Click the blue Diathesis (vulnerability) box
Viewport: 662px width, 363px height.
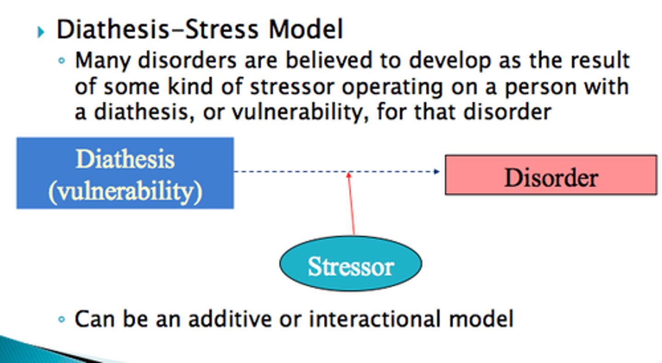125,173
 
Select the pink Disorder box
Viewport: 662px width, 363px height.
551,175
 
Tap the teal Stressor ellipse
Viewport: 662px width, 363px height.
350,264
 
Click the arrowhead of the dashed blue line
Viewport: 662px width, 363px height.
436,172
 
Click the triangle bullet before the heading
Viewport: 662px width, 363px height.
41,32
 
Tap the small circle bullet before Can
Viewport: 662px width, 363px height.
62,319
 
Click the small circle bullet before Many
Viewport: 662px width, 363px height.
62,61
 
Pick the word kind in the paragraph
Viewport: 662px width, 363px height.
178,86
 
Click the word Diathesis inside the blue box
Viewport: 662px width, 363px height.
125,159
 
